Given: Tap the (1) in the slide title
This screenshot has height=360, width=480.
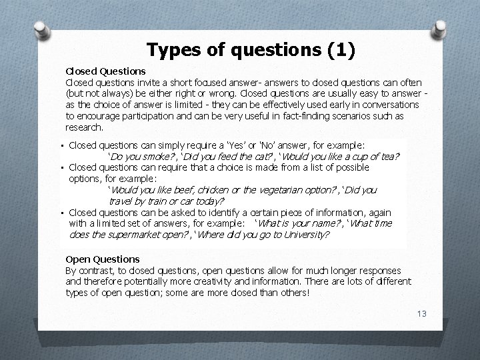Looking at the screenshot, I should click(x=341, y=50).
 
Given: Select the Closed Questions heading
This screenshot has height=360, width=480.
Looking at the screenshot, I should click(x=105, y=71).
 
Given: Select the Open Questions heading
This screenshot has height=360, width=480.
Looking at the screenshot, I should click(x=103, y=259).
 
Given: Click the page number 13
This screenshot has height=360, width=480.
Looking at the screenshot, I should click(x=420, y=314).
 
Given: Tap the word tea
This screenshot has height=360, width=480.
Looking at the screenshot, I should click(x=390, y=157).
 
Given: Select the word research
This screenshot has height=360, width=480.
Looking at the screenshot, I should click(x=84, y=127).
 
